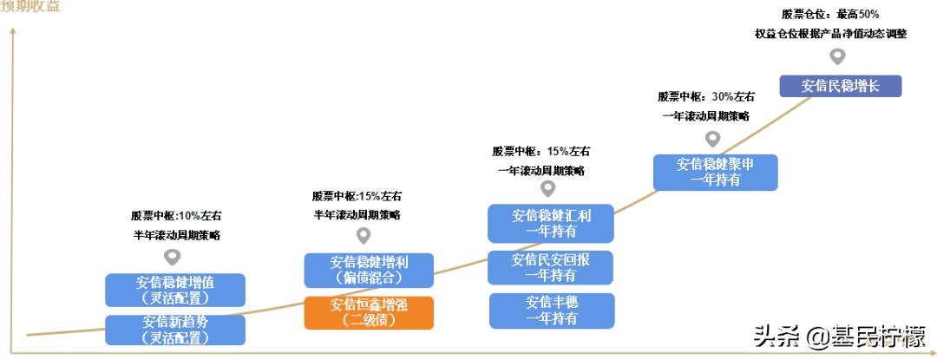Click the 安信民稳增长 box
click(840, 86)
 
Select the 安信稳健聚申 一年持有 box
click(715, 172)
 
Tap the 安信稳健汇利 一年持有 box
click(550, 223)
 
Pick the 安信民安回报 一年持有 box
click(550, 267)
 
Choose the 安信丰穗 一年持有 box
click(551, 311)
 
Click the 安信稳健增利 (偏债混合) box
click(368, 270)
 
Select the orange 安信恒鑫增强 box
click(368, 312)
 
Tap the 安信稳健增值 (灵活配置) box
click(175, 290)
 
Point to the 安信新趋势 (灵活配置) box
click(175, 330)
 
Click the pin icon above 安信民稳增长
click(837, 56)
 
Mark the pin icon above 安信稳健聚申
click(713, 138)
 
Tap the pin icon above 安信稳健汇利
click(547, 187)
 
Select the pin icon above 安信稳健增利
click(364, 235)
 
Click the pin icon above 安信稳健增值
click(173, 257)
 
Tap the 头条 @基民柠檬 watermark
click(838, 333)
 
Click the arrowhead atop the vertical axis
click(12, 31)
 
